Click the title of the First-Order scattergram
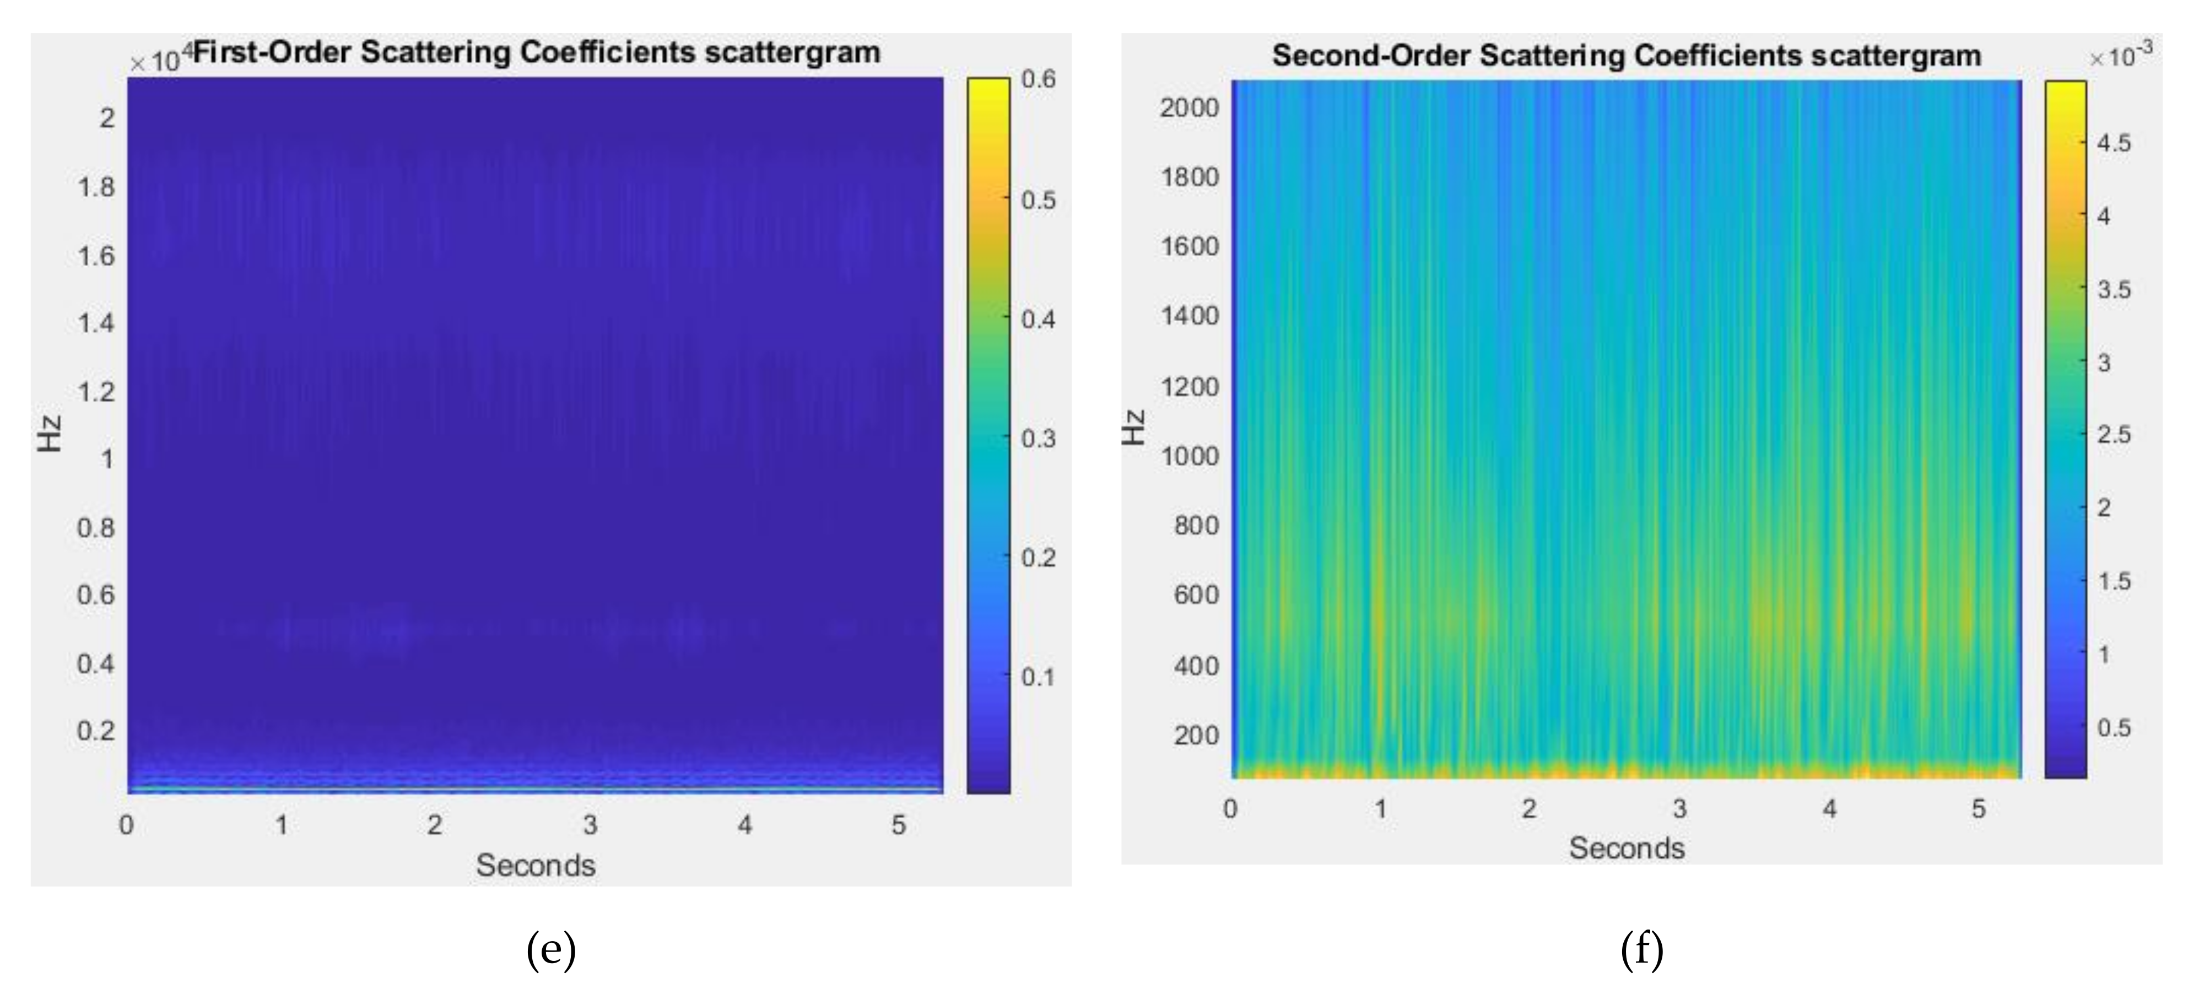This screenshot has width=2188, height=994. pyautogui.click(x=537, y=53)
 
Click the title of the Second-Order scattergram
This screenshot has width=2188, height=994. pyautogui.click(x=1626, y=56)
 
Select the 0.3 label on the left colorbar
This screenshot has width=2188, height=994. pyautogui.click(x=1038, y=439)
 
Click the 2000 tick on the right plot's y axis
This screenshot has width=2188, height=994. pyautogui.click(x=1189, y=108)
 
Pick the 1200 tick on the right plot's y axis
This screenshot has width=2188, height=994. pyautogui.click(x=1189, y=387)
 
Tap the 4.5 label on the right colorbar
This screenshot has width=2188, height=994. pyautogui.click(x=2113, y=143)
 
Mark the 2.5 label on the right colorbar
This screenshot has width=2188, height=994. pyautogui.click(x=2113, y=435)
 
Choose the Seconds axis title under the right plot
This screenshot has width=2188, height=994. pyautogui.click(x=1626, y=848)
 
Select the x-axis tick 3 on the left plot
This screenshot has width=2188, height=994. pyautogui.click(x=590, y=824)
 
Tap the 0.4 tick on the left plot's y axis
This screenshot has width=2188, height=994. pyautogui.click(x=96, y=663)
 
